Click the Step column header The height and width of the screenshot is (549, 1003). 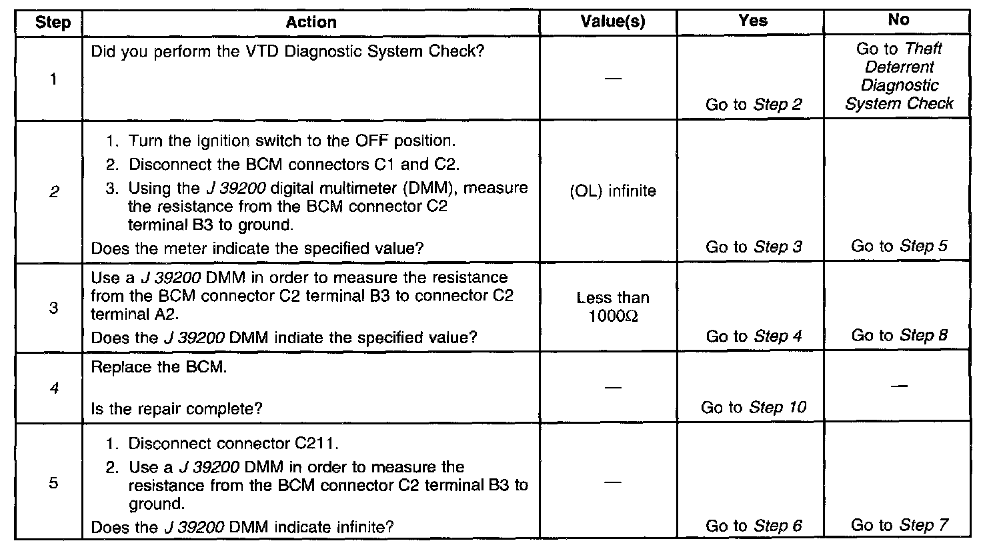[x=53, y=23]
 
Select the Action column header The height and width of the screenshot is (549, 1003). [x=311, y=22]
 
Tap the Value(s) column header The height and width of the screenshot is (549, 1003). [x=613, y=21]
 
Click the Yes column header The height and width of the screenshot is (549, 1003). [x=753, y=21]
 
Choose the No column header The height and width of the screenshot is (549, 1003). [x=898, y=20]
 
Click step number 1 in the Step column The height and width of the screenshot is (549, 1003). [x=53, y=79]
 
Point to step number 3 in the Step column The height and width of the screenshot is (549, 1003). [x=53, y=308]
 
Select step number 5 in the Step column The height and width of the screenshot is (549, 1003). [x=53, y=483]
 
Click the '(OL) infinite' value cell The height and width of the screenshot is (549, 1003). [x=613, y=191]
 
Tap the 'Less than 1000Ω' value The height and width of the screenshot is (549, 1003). [x=613, y=306]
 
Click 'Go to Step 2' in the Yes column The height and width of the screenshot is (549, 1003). [x=754, y=105]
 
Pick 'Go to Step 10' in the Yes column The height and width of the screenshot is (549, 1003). [x=754, y=408]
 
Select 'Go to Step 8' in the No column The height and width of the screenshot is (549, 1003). [x=899, y=336]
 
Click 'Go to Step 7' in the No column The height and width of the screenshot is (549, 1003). [x=899, y=526]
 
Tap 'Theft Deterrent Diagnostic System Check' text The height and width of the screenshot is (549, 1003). [x=899, y=76]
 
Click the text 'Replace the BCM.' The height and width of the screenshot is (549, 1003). [x=159, y=368]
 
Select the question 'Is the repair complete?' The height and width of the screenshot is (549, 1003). [x=176, y=408]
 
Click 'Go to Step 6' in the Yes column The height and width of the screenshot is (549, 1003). [x=754, y=526]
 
